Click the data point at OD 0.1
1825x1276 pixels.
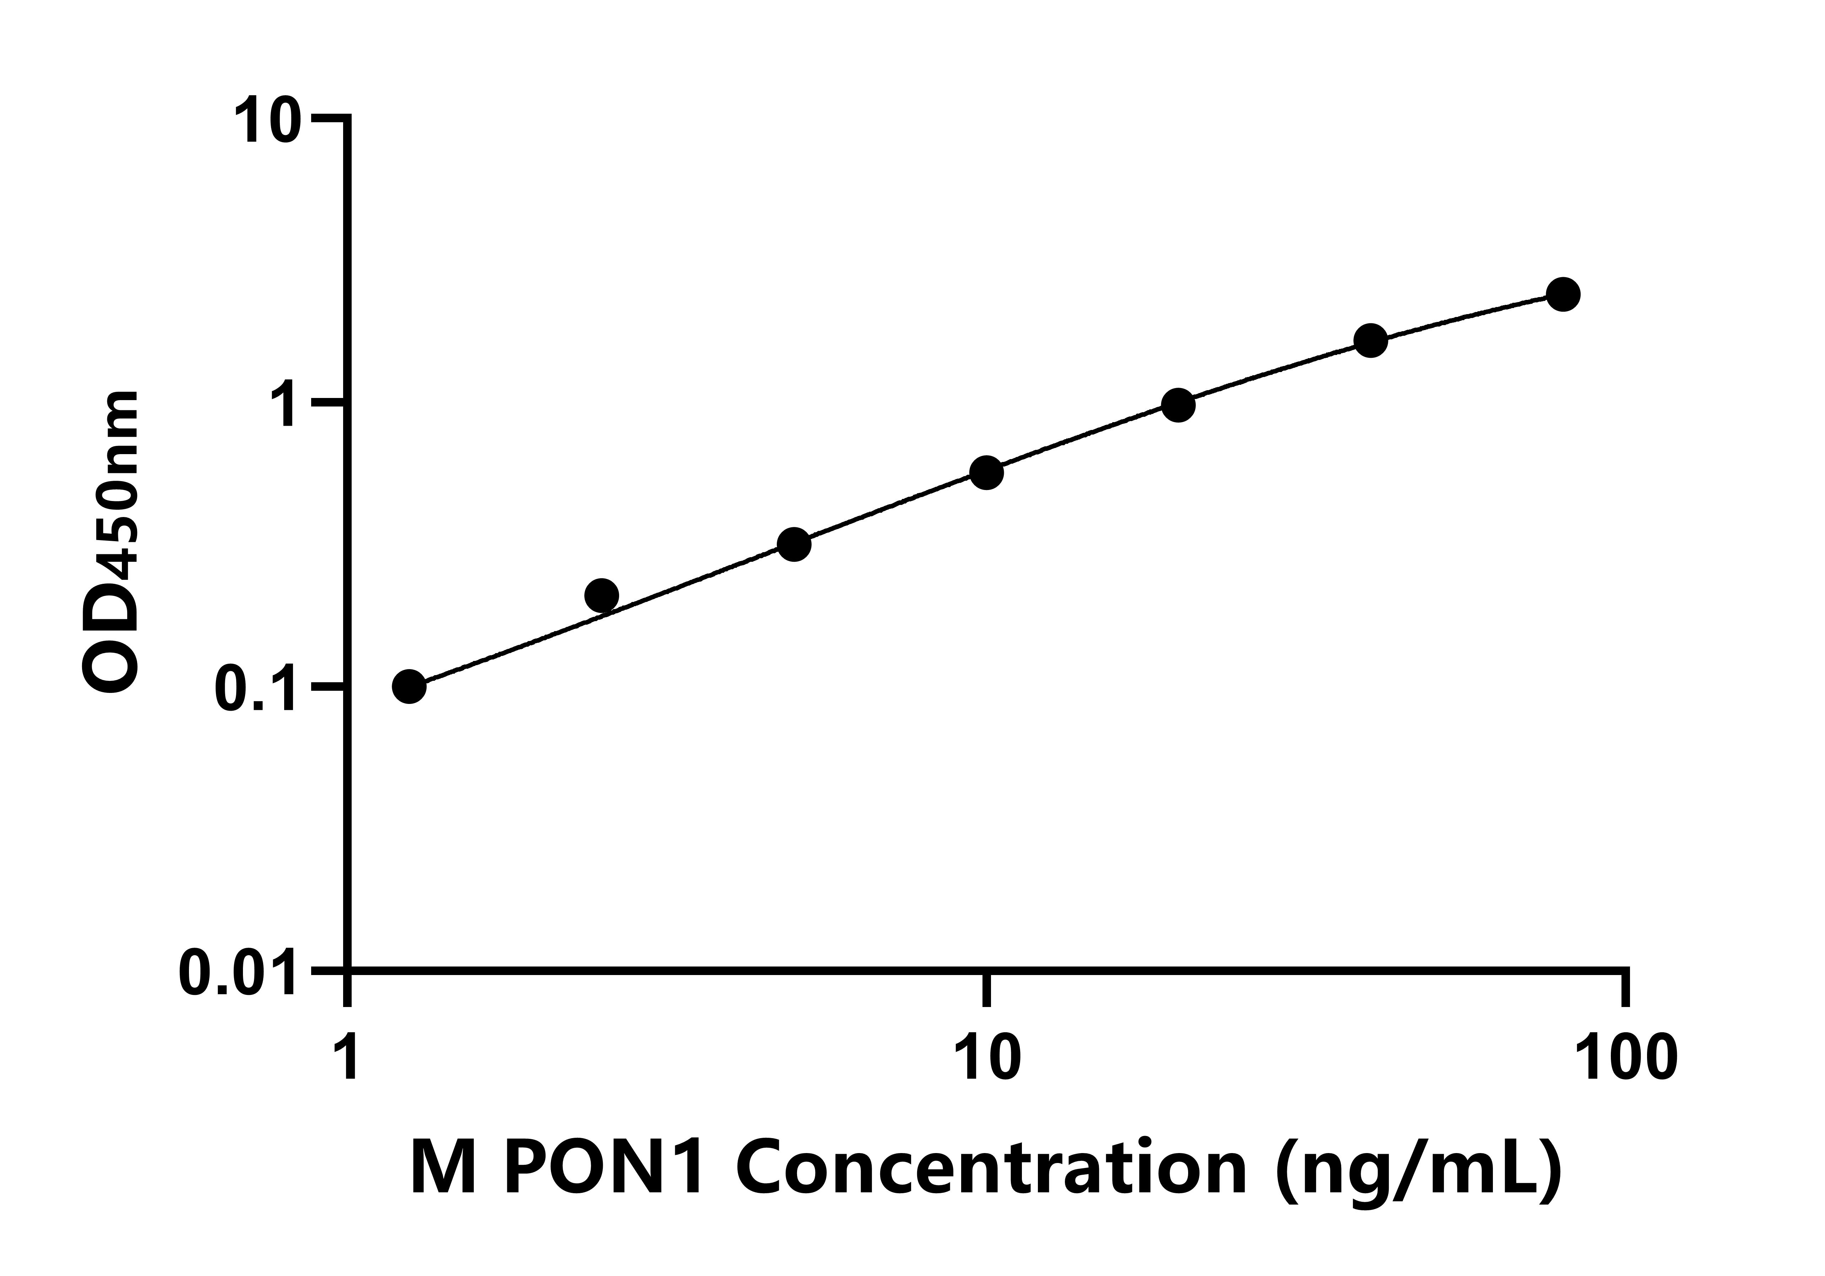409,687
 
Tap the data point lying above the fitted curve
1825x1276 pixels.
602,596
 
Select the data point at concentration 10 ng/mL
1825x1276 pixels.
986,473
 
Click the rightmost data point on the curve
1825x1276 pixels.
1563,295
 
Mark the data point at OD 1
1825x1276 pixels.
1178,405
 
